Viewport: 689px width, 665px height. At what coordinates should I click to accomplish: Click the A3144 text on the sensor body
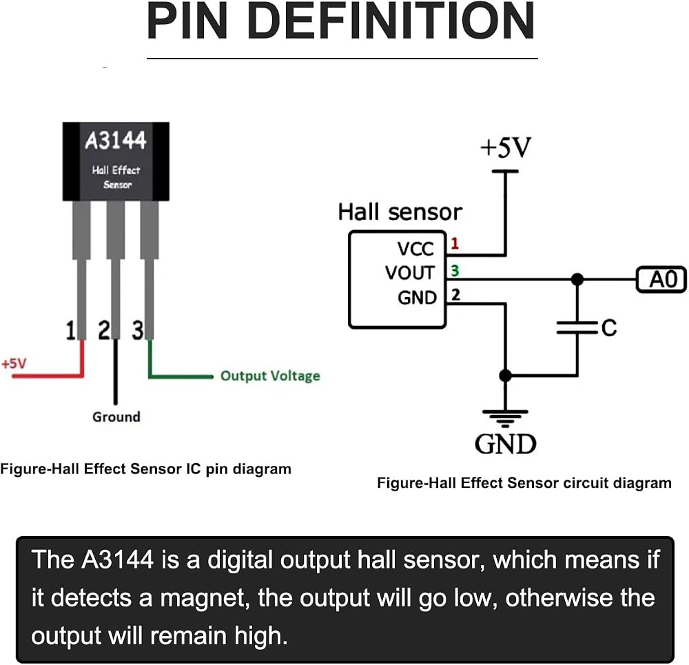(116, 141)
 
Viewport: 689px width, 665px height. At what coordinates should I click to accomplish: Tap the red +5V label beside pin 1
(14, 364)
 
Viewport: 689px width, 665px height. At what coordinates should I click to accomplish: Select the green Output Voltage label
(270, 376)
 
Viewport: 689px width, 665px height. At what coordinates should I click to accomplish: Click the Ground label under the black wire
(116, 417)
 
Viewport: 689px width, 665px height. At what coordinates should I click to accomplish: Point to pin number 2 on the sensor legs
(104, 331)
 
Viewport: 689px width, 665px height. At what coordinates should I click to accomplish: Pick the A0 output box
(661, 280)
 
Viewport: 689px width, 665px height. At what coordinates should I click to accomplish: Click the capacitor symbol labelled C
(577, 327)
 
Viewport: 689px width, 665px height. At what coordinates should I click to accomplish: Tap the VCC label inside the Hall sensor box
(415, 249)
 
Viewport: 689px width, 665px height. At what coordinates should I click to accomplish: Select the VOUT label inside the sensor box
(410, 273)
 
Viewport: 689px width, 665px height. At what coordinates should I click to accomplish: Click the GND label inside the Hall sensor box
(417, 298)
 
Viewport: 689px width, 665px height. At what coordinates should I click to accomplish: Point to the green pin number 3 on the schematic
(455, 271)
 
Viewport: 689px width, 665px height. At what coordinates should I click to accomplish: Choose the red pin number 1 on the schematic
(455, 243)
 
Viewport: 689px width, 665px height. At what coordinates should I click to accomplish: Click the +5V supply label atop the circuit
(506, 147)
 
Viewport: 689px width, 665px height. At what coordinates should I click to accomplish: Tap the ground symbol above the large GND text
(505, 418)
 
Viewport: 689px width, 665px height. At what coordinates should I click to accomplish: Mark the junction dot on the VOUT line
(577, 279)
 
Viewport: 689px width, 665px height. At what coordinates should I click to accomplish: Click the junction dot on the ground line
(505, 376)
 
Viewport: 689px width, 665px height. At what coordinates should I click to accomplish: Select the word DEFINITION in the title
(391, 21)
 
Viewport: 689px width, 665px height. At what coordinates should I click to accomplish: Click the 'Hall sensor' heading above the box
(400, 212)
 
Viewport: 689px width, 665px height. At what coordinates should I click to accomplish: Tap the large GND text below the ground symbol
(506, 444)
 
